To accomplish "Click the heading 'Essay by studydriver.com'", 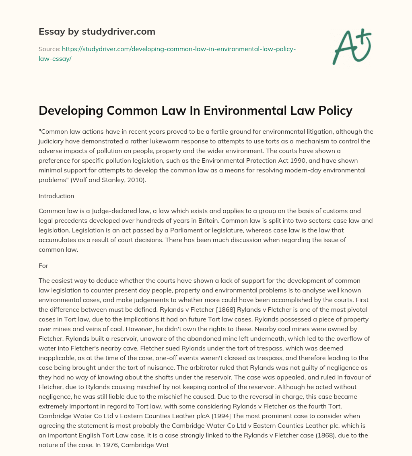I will tap(97, 31).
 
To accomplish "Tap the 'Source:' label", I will tap(49, 49).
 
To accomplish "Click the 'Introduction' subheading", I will tap(56, 196).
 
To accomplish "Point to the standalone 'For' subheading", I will tap(43, 266).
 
